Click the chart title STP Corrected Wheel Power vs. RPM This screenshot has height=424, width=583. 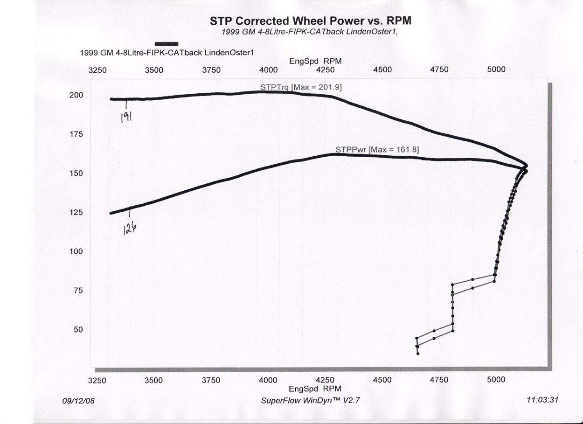point(310,21)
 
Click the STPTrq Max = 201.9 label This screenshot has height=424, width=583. point(302,87)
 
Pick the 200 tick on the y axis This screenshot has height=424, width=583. point(76,95)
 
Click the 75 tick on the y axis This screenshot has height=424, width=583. point(78,291)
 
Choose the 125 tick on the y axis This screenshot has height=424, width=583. point(76,213)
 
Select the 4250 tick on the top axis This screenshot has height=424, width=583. point(325,70)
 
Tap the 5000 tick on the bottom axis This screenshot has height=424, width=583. point(496,380)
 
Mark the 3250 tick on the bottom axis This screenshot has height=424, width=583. point(97,380)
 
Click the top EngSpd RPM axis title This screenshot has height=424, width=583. point(315,61)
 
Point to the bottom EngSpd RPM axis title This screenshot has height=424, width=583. point(315,389)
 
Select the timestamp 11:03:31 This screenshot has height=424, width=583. point(541,400)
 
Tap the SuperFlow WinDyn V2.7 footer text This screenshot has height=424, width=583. point(311,401)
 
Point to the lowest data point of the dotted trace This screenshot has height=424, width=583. point(418,354)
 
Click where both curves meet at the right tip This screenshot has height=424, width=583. point(526,167)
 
